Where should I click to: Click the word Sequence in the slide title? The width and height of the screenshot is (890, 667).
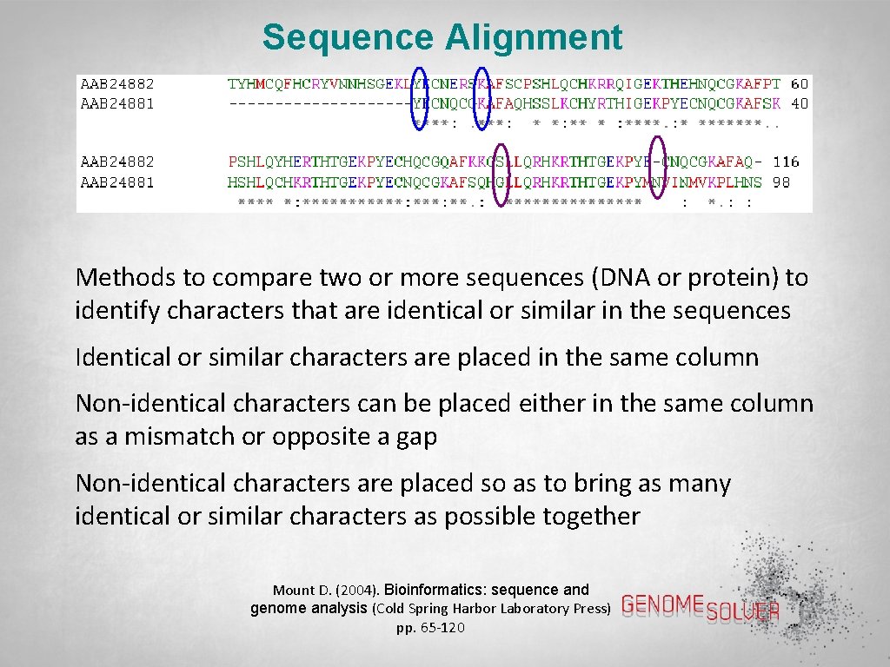(x=348, y=38)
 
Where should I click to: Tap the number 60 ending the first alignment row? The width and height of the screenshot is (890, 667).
(x=800, y=84)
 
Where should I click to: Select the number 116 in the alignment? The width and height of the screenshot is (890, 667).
(x=786, y=162)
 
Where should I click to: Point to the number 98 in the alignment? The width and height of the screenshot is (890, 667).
(x=781, y=182)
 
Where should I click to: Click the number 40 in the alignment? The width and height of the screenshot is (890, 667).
(x=800, y=103)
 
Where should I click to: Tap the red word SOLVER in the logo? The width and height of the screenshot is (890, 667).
(x=743, y=611)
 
